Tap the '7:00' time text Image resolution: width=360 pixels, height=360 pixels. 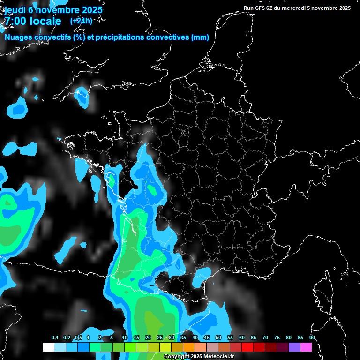(15, 22)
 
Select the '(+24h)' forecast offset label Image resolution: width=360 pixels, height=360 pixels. (81, 21)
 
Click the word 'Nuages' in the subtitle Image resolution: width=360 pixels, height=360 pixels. (19, 37)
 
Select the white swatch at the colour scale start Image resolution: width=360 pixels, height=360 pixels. (48, 347)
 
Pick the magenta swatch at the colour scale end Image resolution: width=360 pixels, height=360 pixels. (306, 347)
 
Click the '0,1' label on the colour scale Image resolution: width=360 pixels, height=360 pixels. (55, 338)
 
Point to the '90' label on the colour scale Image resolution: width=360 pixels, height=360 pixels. (312, 338)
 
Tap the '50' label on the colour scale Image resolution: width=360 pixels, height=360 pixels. (218, 338)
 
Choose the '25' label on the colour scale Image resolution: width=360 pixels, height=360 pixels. (160, 338)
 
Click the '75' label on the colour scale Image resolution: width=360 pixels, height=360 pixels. (277, 338)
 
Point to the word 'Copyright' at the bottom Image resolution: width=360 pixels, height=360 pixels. (175, 357)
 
